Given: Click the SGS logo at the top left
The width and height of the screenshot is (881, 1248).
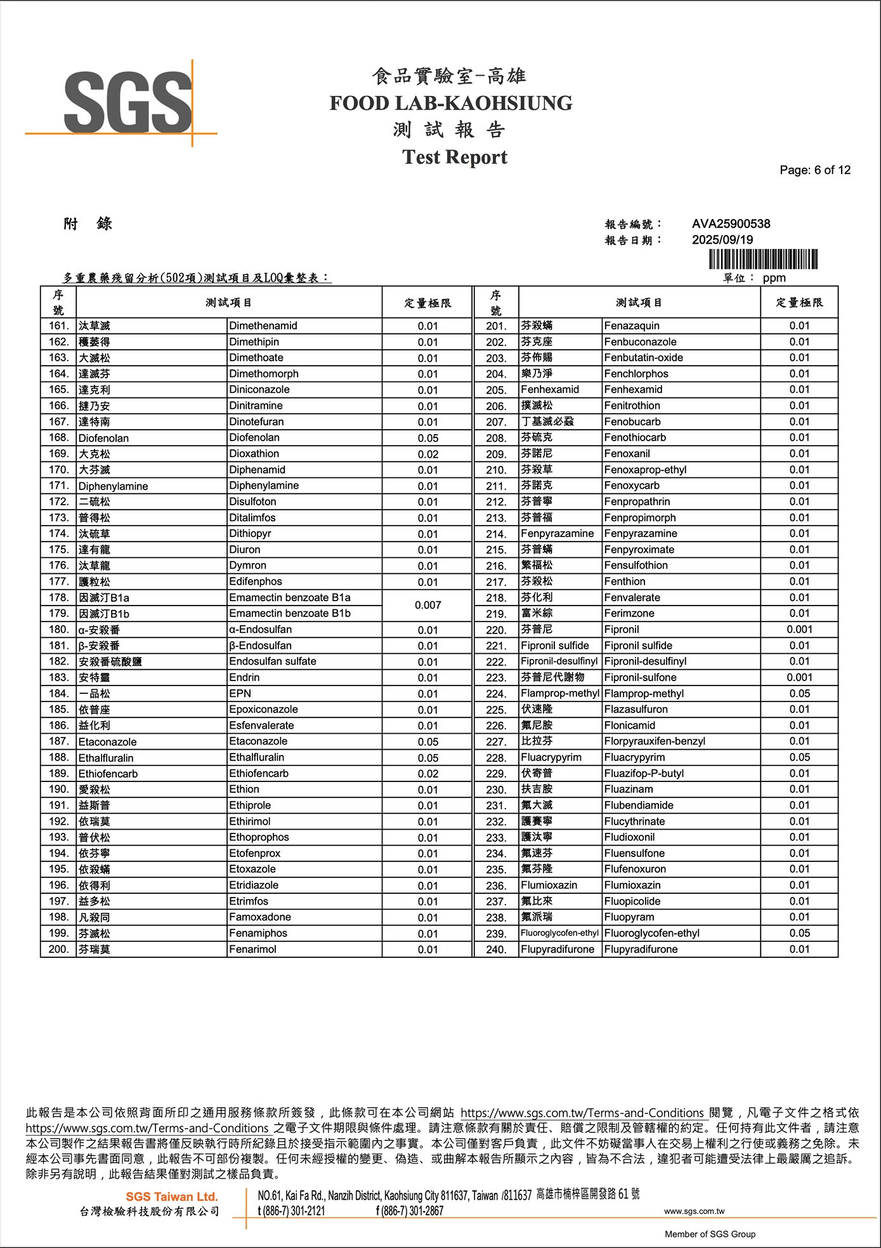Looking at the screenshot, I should [127, 102].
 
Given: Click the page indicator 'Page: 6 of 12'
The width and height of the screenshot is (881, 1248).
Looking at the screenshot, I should [814, 170].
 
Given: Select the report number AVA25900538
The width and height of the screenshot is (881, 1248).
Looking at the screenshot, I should [731, 224].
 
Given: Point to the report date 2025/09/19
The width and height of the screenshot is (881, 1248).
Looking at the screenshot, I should [722, 240].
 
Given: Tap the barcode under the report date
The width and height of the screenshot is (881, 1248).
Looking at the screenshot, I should [762, 259].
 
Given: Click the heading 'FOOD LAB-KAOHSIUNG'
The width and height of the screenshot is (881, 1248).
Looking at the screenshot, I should [450, 103].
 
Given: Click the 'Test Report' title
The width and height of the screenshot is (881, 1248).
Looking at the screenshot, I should [454, 157].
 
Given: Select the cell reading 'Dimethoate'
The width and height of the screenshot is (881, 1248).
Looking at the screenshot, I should [256, 358].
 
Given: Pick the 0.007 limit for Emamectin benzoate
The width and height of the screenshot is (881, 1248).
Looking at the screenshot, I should [427, 606].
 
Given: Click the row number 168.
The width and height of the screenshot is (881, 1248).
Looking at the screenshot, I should [58, 438].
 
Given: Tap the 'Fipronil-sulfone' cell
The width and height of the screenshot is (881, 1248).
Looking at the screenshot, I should [640, 677].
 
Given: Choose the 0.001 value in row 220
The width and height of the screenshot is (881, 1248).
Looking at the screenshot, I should [799, 630].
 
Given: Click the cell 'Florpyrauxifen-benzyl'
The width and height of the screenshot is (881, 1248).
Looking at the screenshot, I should [655, 741].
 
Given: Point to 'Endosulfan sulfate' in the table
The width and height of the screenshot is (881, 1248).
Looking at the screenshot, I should [273, 661].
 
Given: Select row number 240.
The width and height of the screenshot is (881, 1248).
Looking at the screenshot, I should [496, 950].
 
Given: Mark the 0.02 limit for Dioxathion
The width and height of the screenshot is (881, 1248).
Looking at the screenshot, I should [427, 454].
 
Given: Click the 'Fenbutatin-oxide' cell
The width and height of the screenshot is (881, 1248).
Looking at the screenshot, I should [643, 358].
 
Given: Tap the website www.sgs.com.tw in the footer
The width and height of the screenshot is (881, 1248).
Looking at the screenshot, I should [694, 1211].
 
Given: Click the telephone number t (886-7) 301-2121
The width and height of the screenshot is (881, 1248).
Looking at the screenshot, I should [291, 1211].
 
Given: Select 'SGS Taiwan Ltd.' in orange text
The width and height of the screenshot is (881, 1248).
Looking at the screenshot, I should [171, 1197].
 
